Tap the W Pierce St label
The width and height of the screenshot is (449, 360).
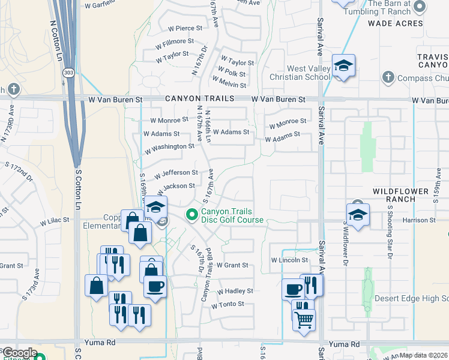[x=185, y=28]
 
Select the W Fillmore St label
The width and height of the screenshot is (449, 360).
[x=175, y=43]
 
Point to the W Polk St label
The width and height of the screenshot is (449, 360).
[x=232, y=73]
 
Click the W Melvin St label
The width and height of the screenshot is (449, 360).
[x=229, y=85]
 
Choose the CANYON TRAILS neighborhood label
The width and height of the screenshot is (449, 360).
[x=196, y=99]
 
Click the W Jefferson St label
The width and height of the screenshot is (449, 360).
[x=176, y=174]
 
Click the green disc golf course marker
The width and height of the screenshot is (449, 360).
[x=192, y=214]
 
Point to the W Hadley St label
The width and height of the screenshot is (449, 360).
[x=235, y=291]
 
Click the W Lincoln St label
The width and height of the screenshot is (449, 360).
[x=289, y=260]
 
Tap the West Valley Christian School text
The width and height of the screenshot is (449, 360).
[x=300, y=73]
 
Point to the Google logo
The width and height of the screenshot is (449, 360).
[x=19, y=353]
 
